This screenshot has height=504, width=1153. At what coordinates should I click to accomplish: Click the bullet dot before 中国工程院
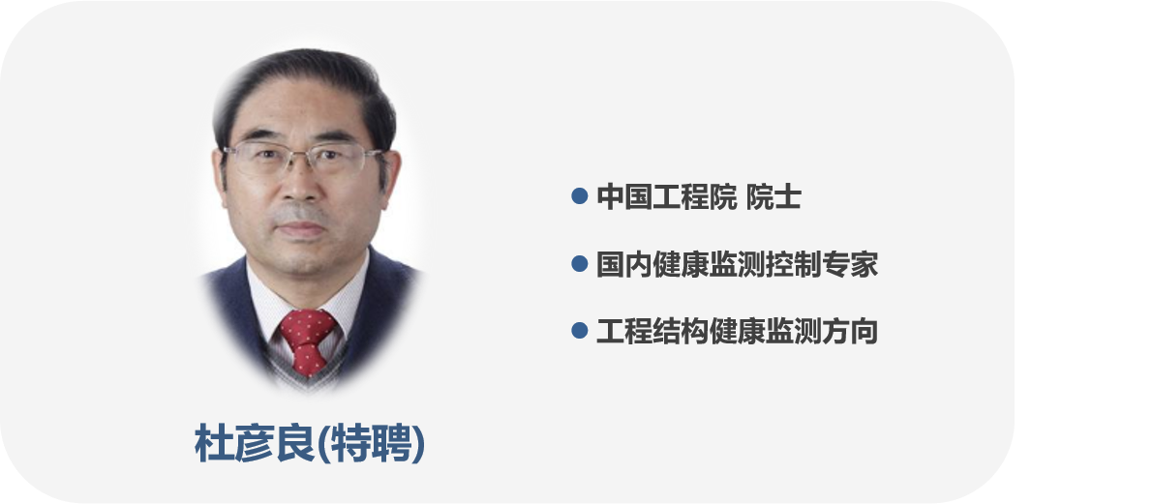coord(580,196)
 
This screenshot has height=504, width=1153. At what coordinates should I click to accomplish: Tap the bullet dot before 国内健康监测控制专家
coord(580,264)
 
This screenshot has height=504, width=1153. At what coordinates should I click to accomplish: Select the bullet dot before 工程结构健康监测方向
coord(580,331)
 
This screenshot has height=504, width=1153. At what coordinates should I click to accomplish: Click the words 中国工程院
coord(666,197)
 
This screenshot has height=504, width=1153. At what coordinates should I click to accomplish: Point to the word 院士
coord(774,197)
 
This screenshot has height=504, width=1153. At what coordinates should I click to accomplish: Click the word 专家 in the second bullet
coord(850,264)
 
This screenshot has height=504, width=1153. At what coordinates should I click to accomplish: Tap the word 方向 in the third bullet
coord(850,332)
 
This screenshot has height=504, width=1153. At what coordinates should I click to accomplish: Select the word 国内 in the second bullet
coord(624,264)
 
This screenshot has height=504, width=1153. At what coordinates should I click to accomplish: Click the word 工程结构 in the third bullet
coord(652,332)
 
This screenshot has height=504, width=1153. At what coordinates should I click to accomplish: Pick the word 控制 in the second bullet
coord(794,264)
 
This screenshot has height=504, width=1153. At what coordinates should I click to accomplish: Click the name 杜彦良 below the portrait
coord(256,443)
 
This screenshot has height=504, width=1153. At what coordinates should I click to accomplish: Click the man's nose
coord(303,187)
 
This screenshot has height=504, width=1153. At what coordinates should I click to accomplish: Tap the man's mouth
coord(301,230)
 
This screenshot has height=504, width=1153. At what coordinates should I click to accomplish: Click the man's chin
coord(303,258)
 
